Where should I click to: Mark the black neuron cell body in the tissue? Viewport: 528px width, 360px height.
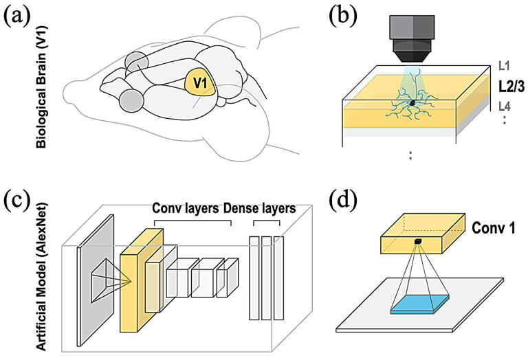(x=412, y=103)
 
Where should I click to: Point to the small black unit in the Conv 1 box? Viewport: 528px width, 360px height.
(x=417, y=240)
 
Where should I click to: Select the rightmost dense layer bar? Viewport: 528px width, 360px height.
(x=278, y=277)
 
